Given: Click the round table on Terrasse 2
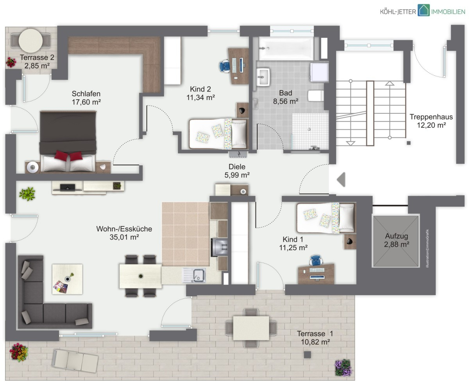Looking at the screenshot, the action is [x=30, y=41].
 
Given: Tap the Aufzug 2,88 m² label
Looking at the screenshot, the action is [x=397, y=240].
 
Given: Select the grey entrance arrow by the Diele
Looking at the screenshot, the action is [x=341, y=179].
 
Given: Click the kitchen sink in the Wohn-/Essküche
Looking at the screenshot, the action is [x=194, y=275].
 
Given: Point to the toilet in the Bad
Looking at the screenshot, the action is [x=315, y=96].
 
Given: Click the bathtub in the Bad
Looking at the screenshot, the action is [x=286, y=49].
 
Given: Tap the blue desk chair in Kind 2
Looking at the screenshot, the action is [x=224, y=66].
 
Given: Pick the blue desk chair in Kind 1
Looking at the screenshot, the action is [x=316, y=260].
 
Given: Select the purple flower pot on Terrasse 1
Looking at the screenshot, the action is [x=344, y=367].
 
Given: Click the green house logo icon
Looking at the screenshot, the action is [x=423, y=10].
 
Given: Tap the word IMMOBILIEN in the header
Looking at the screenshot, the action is [x=448, y=12].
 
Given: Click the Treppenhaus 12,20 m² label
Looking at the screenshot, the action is [x=431, y=121].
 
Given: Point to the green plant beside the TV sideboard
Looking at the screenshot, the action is [x=27, y=194].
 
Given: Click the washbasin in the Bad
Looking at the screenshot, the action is [x=263, y=77].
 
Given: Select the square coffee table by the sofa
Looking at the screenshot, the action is [x=67, y=279].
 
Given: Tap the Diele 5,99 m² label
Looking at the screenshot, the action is [x=237, y=171].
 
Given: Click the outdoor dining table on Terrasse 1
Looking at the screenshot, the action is [x=251, y=328].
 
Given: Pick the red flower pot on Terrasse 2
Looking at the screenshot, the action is [x=11, y=62].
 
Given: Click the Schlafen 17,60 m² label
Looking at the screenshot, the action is [x=86, y=98].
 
